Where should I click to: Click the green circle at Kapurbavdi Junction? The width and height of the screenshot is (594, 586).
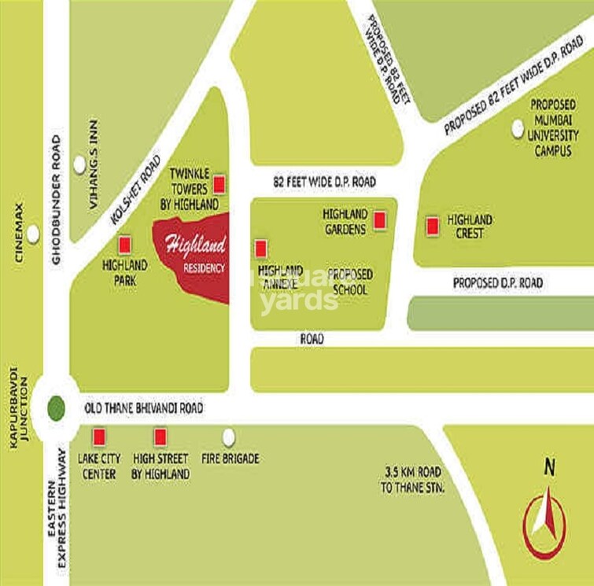tap(55, 408)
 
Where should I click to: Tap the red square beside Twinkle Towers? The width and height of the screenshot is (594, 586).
tap(220, 185)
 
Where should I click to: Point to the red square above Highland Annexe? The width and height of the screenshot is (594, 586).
tap(260, 249)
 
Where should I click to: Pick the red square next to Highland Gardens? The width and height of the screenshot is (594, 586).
tap(379, 221)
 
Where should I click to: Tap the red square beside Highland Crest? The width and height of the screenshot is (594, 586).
tap(431, 227)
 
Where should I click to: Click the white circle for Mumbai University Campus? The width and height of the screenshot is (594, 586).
tap(518, 128)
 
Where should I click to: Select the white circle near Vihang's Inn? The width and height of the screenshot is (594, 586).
tap(79, 164)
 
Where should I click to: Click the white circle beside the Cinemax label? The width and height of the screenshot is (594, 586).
tap(32, 234)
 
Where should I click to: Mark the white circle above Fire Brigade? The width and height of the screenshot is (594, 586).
tap(229, 437)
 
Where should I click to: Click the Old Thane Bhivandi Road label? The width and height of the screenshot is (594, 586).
tap(143, 408)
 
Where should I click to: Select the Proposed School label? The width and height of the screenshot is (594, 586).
tap(350, 282)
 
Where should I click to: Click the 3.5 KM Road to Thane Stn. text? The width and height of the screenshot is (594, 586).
tap(412, 480)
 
